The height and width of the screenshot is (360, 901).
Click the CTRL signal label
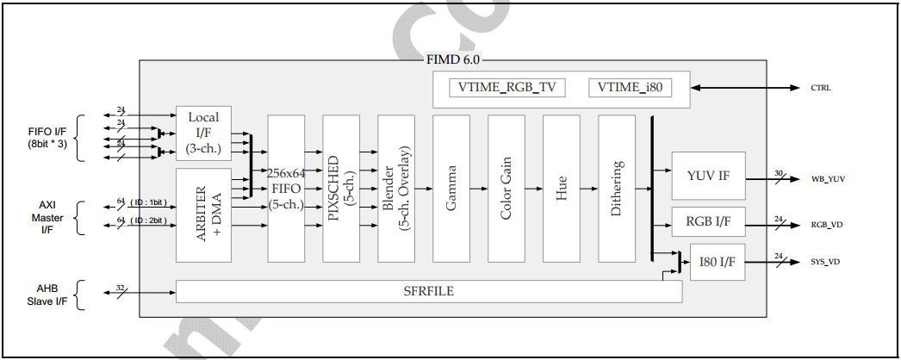tap(821, 88)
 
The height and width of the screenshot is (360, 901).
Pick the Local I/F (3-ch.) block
tap(203, 133)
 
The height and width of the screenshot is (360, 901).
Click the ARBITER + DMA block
tap(203, 215)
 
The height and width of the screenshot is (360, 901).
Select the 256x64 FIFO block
tap(286, 189)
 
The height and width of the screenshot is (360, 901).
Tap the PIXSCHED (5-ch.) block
tap(341, 189)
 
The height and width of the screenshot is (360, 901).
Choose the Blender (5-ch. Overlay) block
tap(396, 189)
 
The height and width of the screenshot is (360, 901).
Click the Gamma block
tap(451, 189)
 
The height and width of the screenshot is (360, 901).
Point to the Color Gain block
tap(506, 189)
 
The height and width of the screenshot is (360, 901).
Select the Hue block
tap(562, 189)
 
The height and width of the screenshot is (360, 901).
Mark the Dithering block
tap(617, 189)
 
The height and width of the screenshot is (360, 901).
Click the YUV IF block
tap(708, 176)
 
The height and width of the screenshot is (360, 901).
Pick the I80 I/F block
tap(718, 262)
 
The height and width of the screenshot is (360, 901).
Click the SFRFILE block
tap(429, 292)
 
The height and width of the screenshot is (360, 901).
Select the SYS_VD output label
tap(825, 261)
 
